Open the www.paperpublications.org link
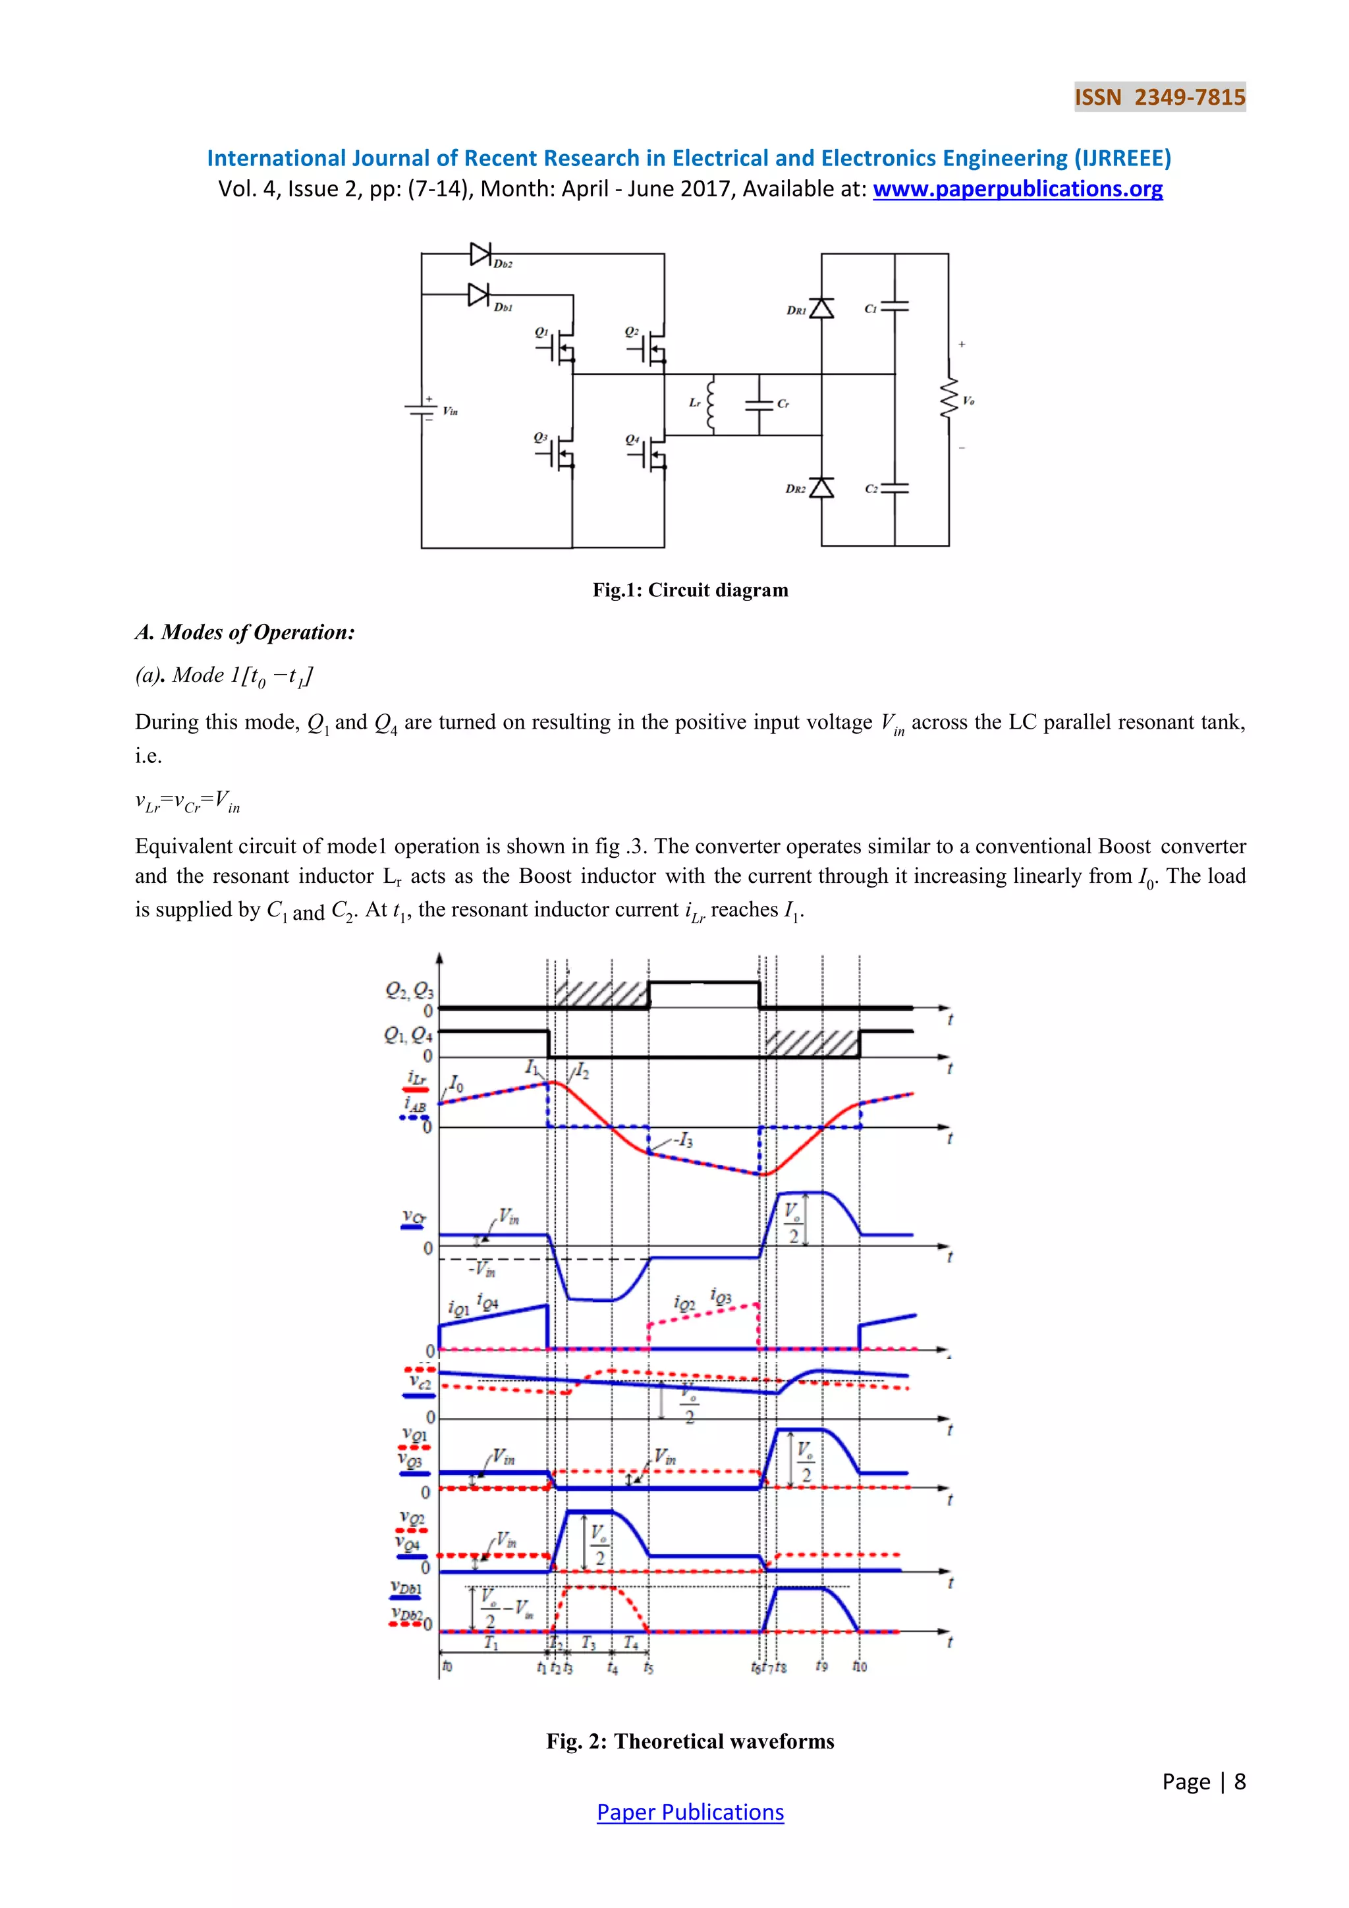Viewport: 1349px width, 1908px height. (x=1017, y=190)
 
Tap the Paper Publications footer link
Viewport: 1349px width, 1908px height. (x=690, y=1812)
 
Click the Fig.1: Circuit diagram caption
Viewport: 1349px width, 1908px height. (x=690, y=590)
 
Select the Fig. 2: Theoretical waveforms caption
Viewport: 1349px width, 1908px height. (x=690, y=1741)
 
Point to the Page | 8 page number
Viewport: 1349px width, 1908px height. (x=1203, y=1781)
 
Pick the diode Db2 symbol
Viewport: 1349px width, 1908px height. (x=481, y=254)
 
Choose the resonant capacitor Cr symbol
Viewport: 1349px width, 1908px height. (x=759, y=405)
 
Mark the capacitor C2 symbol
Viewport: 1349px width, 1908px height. (x=895, y=489)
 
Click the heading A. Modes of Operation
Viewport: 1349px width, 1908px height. (x=245, y=632)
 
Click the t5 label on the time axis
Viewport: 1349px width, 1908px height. (x=648, y=1667)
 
